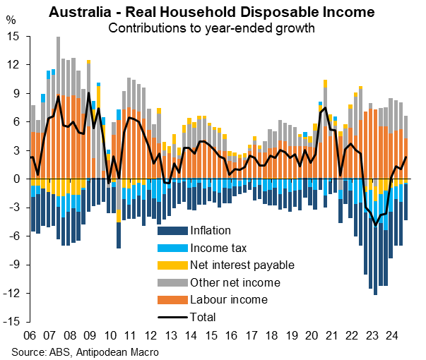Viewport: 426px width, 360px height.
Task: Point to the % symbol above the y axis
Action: [x=11, y=20]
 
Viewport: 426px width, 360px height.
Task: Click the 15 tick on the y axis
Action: [x=13, y=37]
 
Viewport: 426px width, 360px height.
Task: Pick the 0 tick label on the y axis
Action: [x=16, y=179]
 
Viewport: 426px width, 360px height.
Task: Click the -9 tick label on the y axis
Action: [x=14, y=265]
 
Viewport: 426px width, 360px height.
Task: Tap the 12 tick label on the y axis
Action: [x=13, y=65]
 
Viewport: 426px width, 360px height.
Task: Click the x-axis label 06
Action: [x=30, y=334]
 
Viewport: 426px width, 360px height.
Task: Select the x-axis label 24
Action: [x=391, y=334]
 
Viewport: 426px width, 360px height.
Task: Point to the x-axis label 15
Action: [x=211, y=334]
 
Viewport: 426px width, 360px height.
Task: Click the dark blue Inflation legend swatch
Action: [x=171, y=230]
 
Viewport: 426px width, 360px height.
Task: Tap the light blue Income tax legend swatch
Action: [x=171, y=248]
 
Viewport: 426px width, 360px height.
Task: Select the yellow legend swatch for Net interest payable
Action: [x=171, y=265]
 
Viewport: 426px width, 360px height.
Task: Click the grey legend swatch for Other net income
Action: [x=171, y=283]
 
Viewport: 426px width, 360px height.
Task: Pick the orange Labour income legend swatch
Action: [x=171, y=300]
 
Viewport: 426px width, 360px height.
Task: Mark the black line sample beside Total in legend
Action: [x=171, y=318]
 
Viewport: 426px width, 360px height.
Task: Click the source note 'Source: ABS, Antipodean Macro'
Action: [x=85, y=351]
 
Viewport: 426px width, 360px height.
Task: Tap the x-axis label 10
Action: [x=110, y=334]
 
